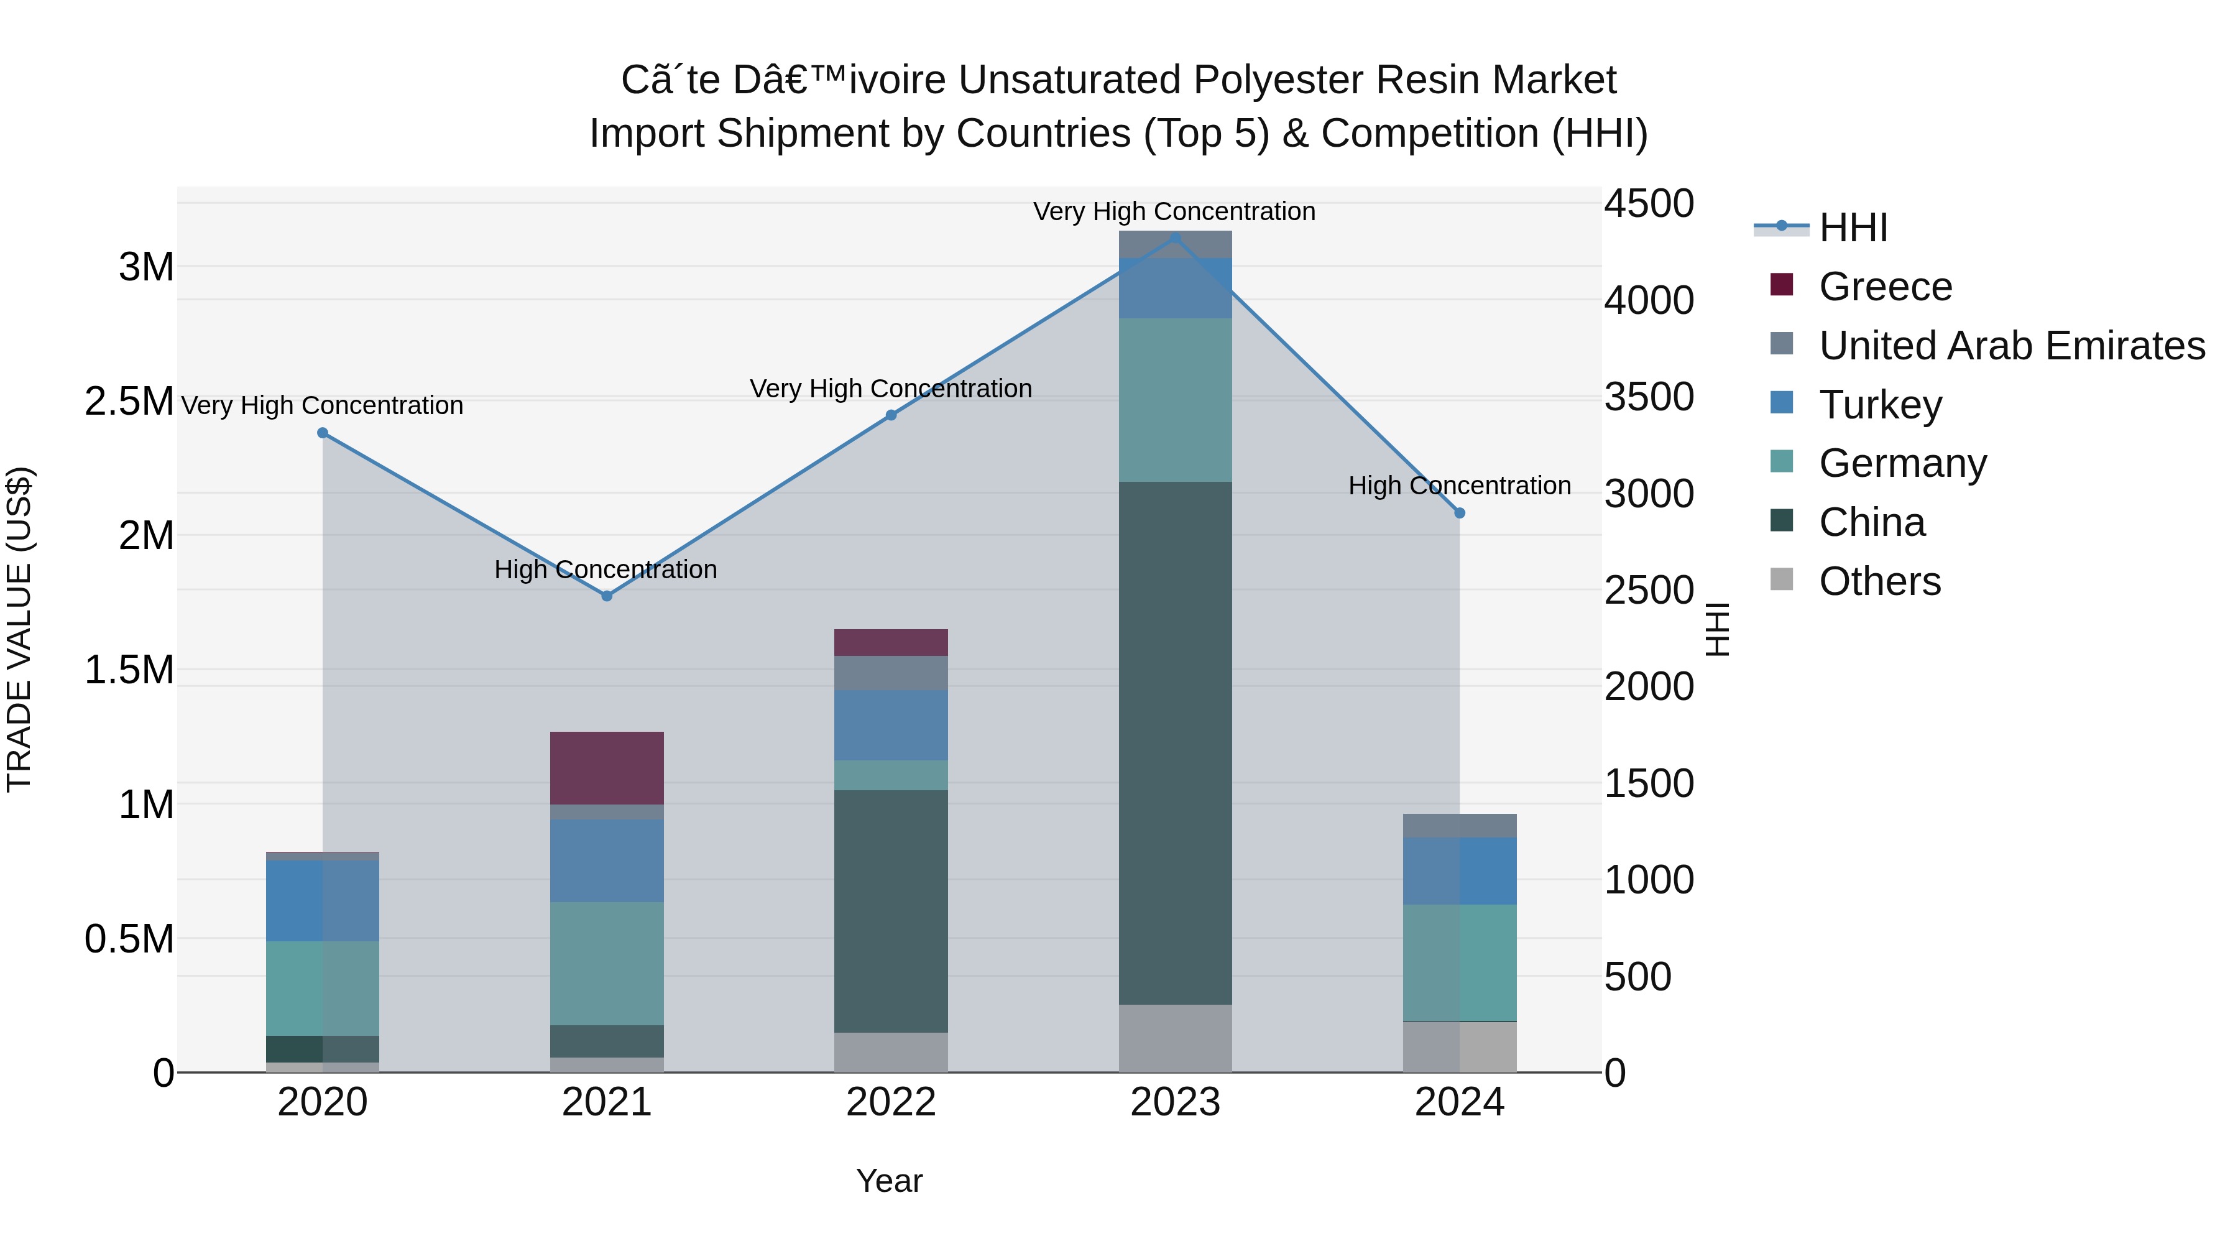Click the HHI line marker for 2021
click(x=606, y=596)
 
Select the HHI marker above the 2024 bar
click(x=1460, y=514)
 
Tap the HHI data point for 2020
click(x=322, y=433)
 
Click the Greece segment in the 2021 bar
click(x=606, y=768)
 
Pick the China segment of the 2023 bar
click(x=1174, y=743)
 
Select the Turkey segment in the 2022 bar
click(x=890, y=726)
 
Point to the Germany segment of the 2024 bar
click(x=1460, y=962)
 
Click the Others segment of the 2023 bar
click(x=1174, y=1038)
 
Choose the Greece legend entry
click(x=1886, y=287)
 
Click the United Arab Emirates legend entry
click(x=2011, y=346)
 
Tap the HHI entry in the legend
click(x=1853, y=228)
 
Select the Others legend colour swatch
click(x=1781, y=579)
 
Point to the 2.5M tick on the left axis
click(x=129, y=402)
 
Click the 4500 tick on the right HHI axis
click(x=1648, y=204)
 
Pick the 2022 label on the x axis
click(x=890, y=1102)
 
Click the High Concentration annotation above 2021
click(x=606, y=570)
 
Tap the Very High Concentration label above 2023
click(x=1174, y=212)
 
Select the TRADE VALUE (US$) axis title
click(x=19, y=629)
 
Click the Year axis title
click(x=889, y=1181)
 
